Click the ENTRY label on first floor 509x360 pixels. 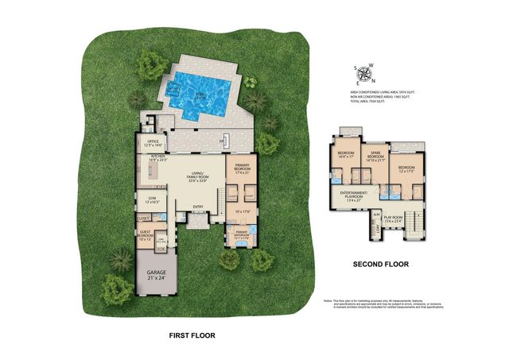tap(198, 208)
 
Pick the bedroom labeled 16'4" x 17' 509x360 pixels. tap(346, 154)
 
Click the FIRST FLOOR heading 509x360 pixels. tap(192, 336)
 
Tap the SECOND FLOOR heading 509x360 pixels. tap(378, 262)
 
